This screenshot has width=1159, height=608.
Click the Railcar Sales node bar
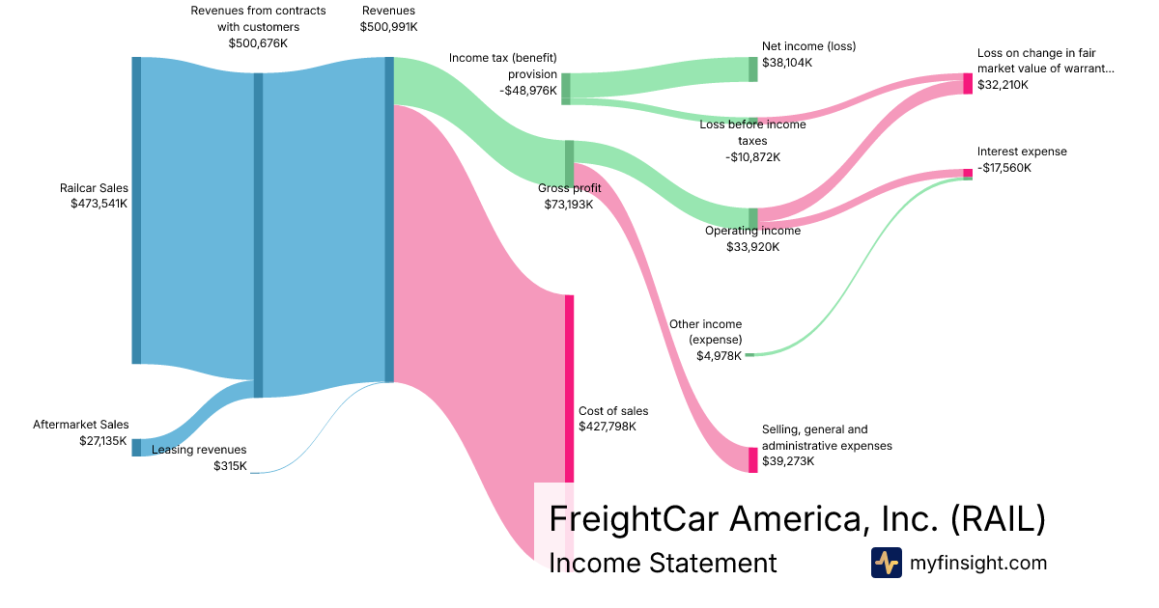pyautogui.click(x=136, y=210)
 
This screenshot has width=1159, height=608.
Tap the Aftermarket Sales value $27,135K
pyautogui.click(x=103, y=440)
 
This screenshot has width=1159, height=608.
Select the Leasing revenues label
pyautogui.click(x=199, y=450)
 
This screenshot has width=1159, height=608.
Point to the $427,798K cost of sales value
pyautogui.click(x=608, y=426)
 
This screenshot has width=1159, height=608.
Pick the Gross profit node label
pyautogui.click(x=570, y=188)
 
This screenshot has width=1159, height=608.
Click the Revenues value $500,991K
pyautogui.click(x=388, y=27)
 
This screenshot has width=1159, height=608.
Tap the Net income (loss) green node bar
pyautogui.click(x=752, y=69)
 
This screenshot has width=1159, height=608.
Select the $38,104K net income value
pyautogui.click(x=787, y=62)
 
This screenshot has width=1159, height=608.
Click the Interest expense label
pyautogui.click(x=1022, y=152)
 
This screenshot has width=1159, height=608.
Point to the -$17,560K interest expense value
pyautogui.click(x=1004, y=167)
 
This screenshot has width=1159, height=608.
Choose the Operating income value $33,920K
pyautogui.click(x=752, y=246)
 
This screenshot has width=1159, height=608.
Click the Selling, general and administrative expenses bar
pyautogui.click(x=753, y=459)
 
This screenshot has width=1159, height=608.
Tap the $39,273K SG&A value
pyautogui.click(x=788, y=461)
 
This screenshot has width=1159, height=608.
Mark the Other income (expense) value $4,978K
pyautogui.click(x=719, y=355)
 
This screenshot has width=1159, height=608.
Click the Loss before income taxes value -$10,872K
pyautogui.click(x=752, y=156)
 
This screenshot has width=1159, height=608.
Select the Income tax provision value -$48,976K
pyautogui.click(x=528, y=90)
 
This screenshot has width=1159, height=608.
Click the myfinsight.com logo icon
pyautogui.click(x=886, y=563)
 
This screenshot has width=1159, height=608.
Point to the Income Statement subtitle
pyautogui.click(x=663, y=563)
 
